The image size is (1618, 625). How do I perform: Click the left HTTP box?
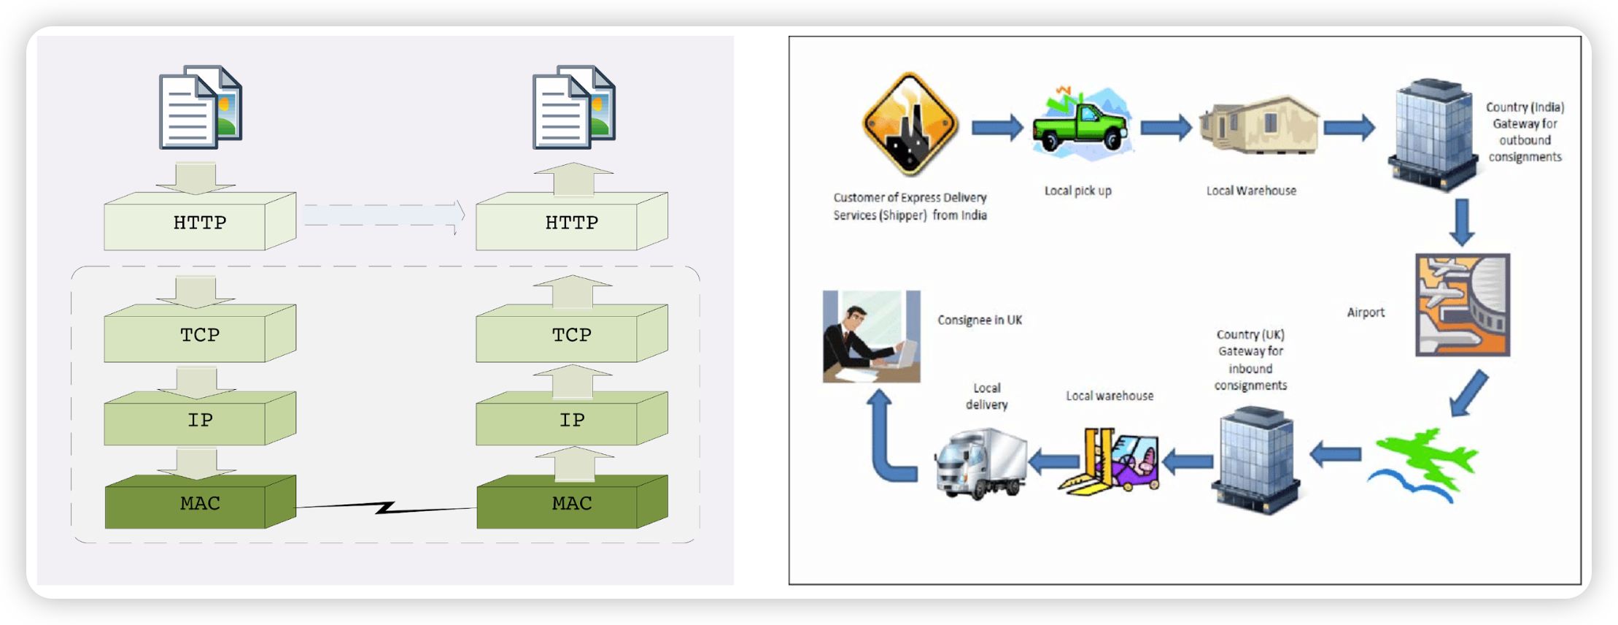200,221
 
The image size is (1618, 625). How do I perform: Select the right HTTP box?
572,221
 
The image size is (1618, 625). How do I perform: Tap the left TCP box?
200,334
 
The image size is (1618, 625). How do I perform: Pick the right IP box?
572,418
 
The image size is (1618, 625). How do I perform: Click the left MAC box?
200,502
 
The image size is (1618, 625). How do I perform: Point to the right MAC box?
572,502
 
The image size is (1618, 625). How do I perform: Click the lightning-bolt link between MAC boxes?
386,507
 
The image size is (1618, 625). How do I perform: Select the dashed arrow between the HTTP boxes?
384,215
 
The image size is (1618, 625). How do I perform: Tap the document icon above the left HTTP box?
201,107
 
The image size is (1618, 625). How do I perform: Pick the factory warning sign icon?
910,124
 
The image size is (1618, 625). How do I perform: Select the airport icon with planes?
1463,305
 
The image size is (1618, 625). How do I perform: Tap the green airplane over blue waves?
1422,465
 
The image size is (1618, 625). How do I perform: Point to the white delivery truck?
981,463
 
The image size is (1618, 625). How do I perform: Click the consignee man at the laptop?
872,337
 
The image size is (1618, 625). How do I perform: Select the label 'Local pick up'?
1077,191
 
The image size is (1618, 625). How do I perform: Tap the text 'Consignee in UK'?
980,320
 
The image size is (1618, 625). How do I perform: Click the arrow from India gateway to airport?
1462,222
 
